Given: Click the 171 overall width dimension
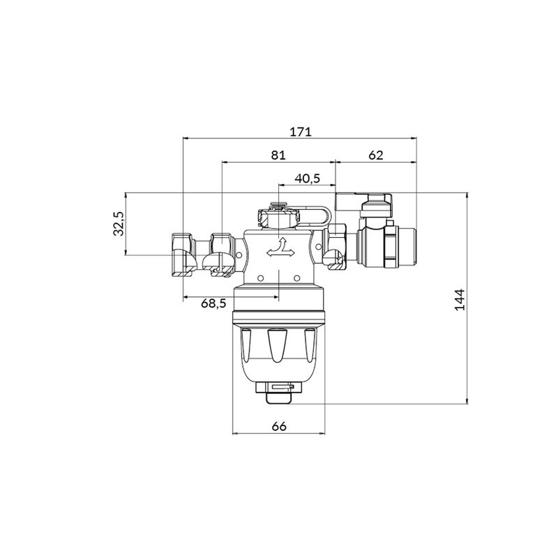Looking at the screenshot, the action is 301,132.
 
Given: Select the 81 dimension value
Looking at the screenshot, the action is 278,155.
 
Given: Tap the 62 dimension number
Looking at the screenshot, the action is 376,155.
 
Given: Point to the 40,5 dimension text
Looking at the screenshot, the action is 308,179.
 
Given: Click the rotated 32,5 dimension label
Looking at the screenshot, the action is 119,224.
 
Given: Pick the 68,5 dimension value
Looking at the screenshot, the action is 213,303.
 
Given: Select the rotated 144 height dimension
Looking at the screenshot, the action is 460,300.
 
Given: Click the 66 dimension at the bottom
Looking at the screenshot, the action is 278,426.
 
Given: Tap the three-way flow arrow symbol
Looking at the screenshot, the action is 281,248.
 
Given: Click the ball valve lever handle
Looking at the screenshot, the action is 363,202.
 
